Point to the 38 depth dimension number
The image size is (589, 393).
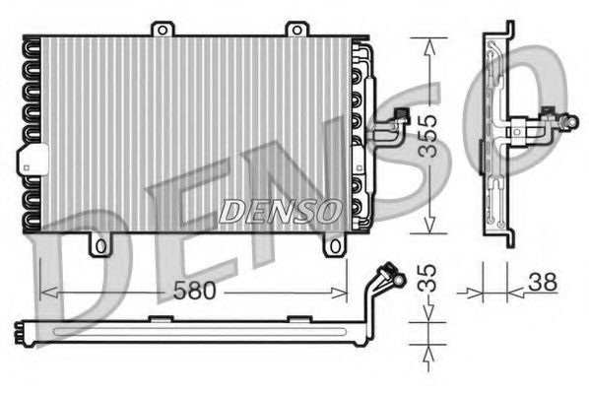[x=541, y=281]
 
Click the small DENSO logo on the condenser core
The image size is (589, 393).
[x=280, y=209]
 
